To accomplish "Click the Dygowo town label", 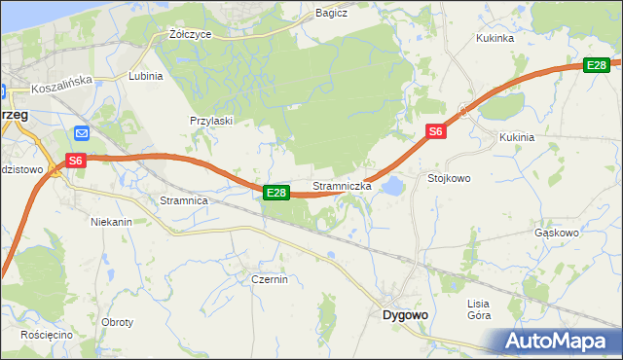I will point(405,314).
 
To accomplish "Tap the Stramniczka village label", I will point(342,185).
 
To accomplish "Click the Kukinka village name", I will point(495,38).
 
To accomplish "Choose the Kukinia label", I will point(517,137).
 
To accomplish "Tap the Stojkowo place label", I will point(449,178).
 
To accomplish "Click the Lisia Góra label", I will point(479,309).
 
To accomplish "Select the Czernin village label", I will point(268,279).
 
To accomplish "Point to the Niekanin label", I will point(111,222).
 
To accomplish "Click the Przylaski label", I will point(210,121).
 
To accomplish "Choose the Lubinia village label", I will point(145,75).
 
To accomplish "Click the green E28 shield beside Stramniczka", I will point(276,193).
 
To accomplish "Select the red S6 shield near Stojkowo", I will point(435,131).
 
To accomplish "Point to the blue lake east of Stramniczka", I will point(393,185).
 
